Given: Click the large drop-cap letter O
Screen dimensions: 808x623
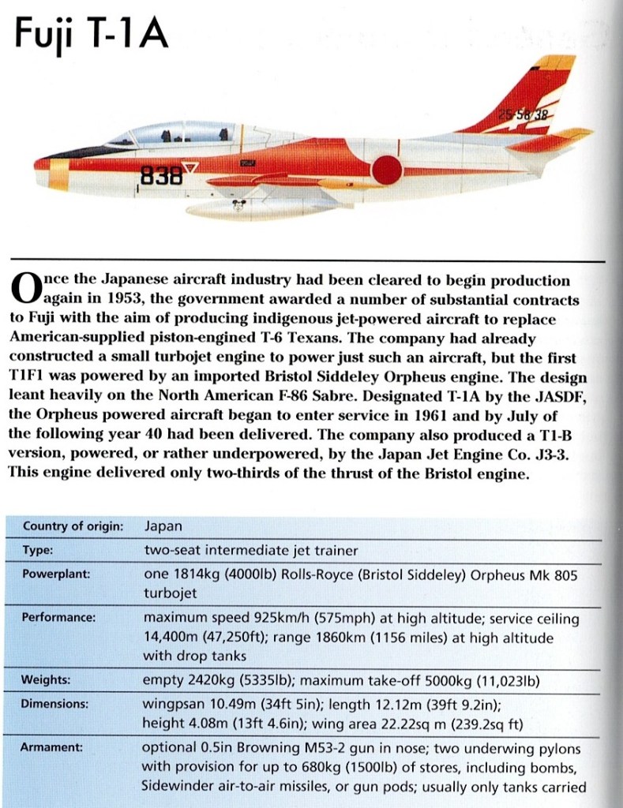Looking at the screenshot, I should (26, 290).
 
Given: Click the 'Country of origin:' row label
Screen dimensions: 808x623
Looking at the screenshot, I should (73, 526).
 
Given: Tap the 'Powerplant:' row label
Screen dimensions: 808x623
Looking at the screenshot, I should (56, 574).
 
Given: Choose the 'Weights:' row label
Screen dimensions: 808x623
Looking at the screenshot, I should (47, 679).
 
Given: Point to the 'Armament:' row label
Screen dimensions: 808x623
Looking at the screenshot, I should (53, 746).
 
